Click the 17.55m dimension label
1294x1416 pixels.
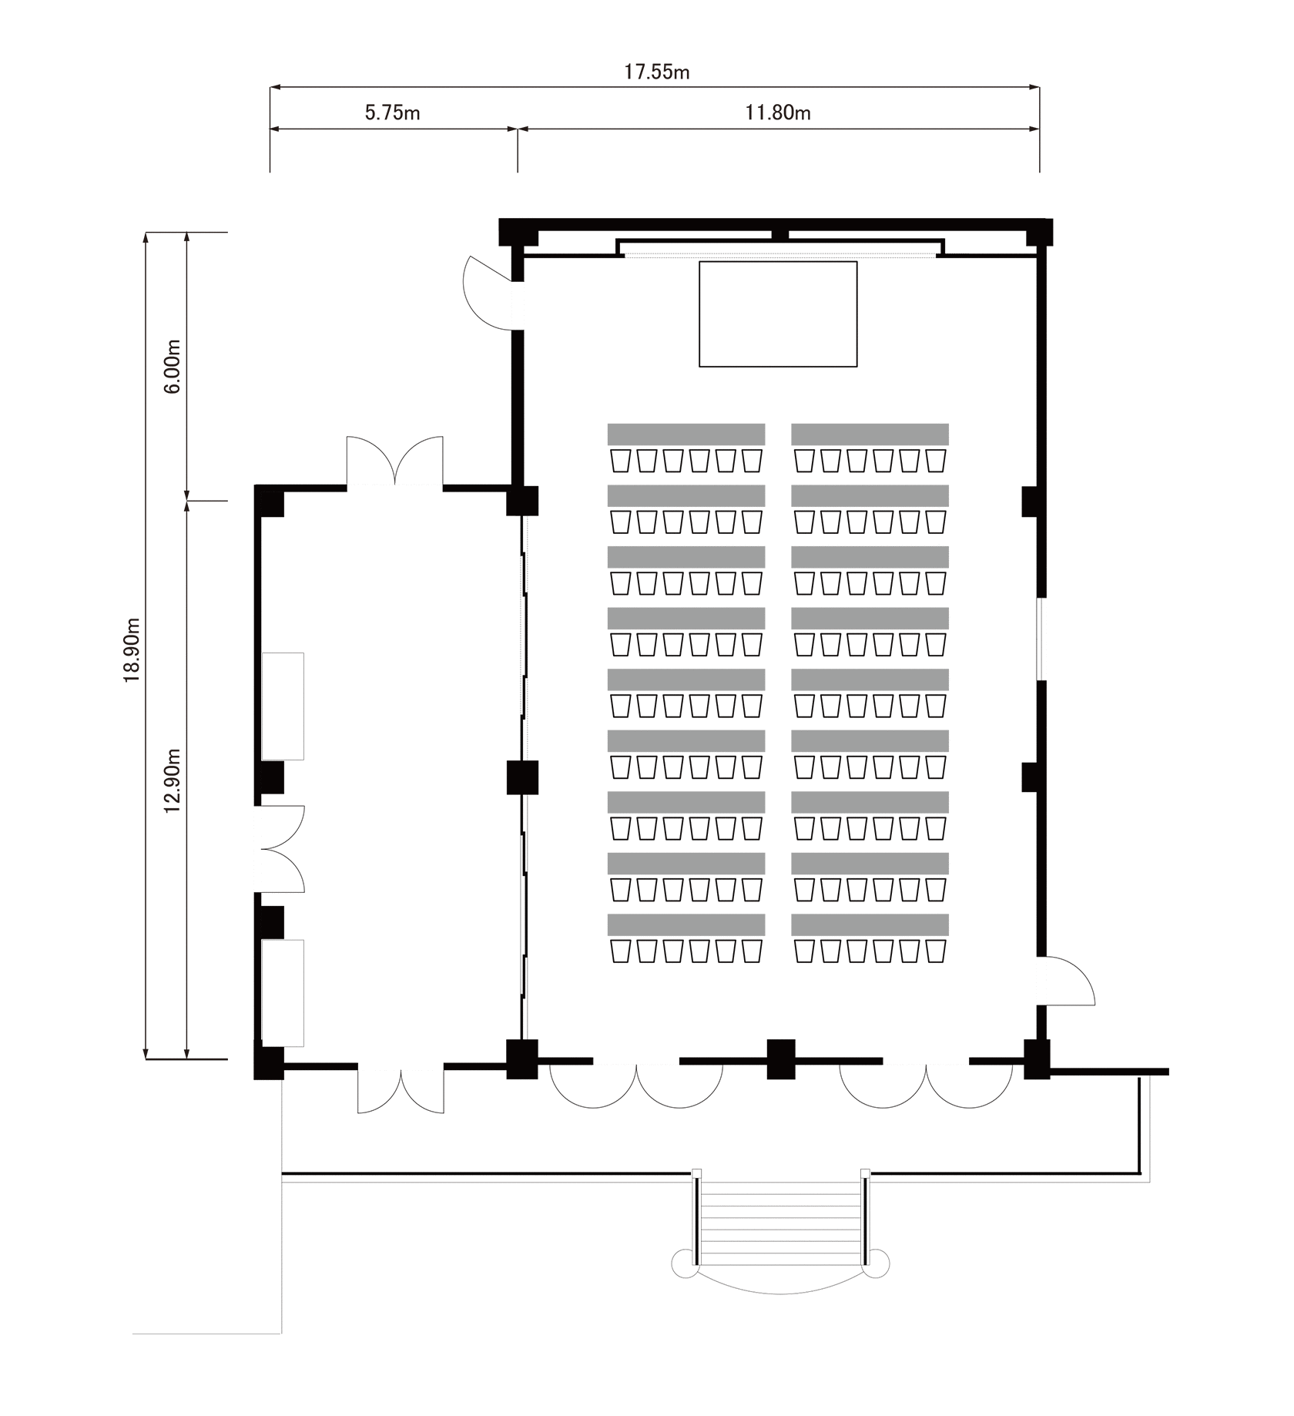click(x=656, y=72)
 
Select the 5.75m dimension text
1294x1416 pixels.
click(x=392, y=113)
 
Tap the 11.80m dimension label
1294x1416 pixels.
click(x=777, y=113)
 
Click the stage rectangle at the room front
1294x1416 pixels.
click(x=778, y=314)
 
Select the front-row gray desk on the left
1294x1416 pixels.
click(x=686, y=434)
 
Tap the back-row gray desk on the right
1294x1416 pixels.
click(x=870, y=924)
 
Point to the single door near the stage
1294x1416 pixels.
click(x=488, y=294)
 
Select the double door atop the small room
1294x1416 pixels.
click(x=394, y=461)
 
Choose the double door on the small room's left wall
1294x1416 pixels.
click(x=280, y=849)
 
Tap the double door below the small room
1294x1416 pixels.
click(x=401, y=1089)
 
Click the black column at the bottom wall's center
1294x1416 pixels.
click(x=781, y=1059)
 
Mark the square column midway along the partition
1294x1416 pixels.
click(x=522, y=777)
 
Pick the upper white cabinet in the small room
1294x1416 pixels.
click(x=283, y=706)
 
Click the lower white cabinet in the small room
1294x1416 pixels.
click(x=283, y=993)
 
